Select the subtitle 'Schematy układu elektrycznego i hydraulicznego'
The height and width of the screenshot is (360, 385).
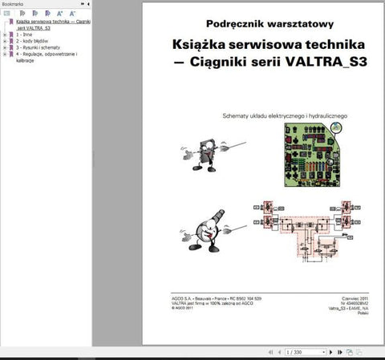pos(284,115)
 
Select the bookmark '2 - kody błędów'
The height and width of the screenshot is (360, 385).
pos(32,41)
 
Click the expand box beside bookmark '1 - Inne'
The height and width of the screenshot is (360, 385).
pos(5,35)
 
